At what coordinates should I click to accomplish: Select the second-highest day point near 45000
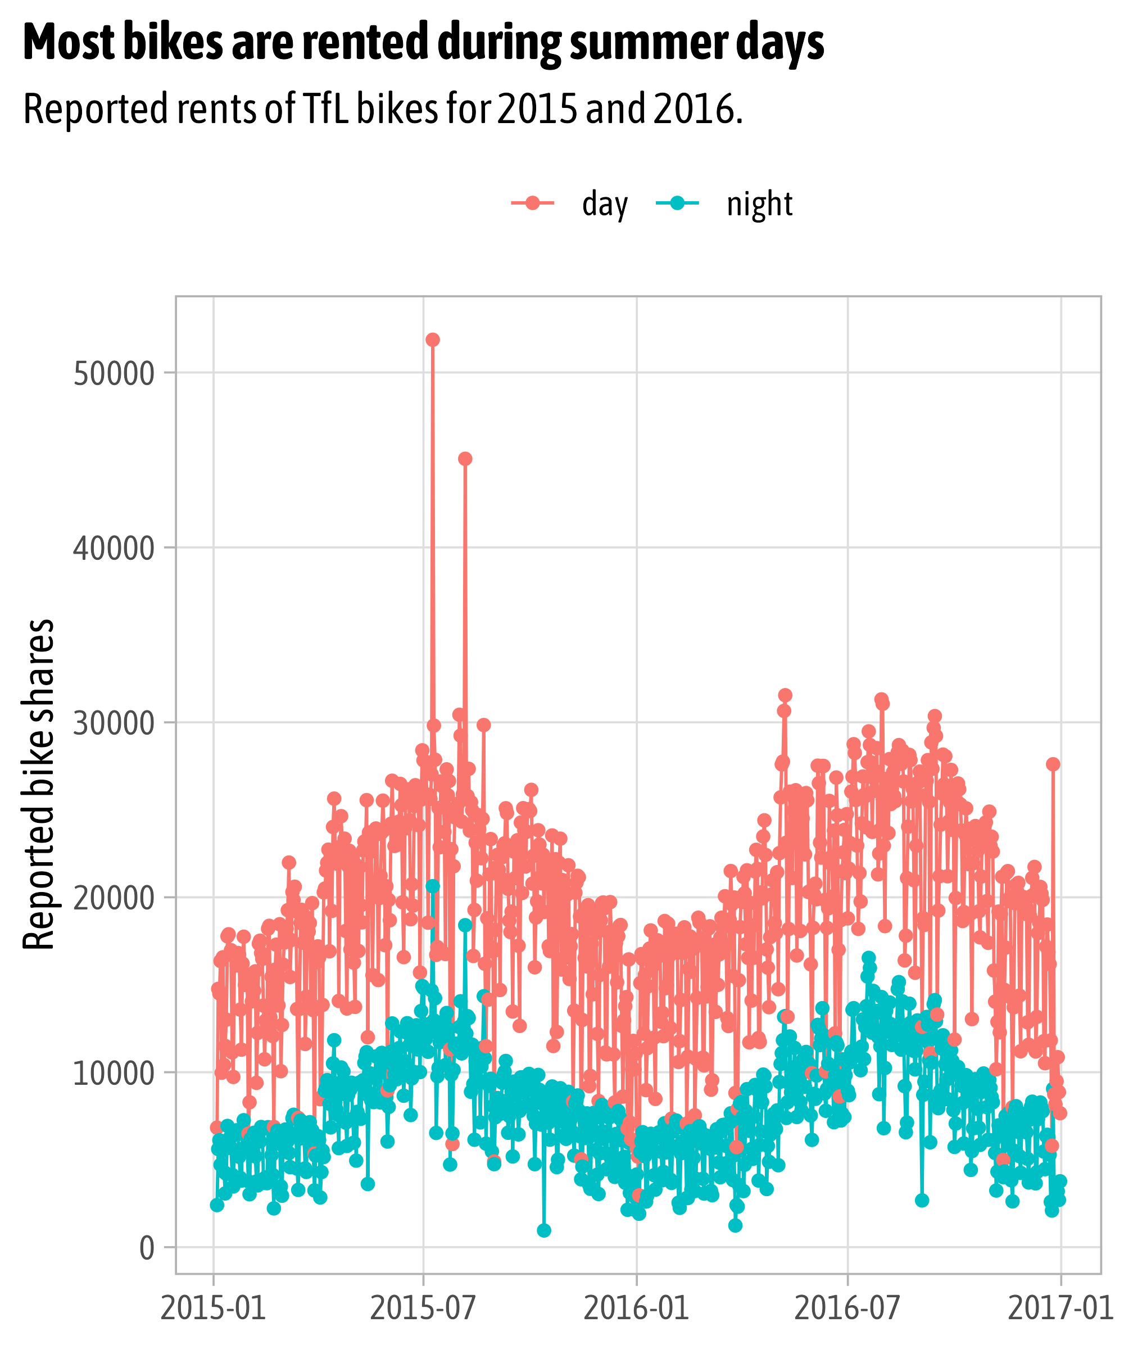[465, 459]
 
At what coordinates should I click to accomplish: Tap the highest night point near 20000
[432, 886]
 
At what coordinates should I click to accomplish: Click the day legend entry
[569, 204]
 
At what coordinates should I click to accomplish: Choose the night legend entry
[724, 204]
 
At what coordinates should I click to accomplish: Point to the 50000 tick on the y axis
[114, 374]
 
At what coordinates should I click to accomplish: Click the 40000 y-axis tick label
[114, 549]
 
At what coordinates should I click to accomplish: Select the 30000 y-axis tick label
[114, 723]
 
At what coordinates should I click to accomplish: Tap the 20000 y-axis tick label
[114, 898]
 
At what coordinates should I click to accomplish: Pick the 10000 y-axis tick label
[114, 1073]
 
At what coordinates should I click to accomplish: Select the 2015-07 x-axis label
[423, 1309]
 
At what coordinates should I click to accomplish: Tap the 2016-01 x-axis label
[637, 1309]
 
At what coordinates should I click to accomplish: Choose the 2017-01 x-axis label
[1060, 1309]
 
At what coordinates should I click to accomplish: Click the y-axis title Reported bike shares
[39, 784]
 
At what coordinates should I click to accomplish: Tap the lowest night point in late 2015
[544, 1230]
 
